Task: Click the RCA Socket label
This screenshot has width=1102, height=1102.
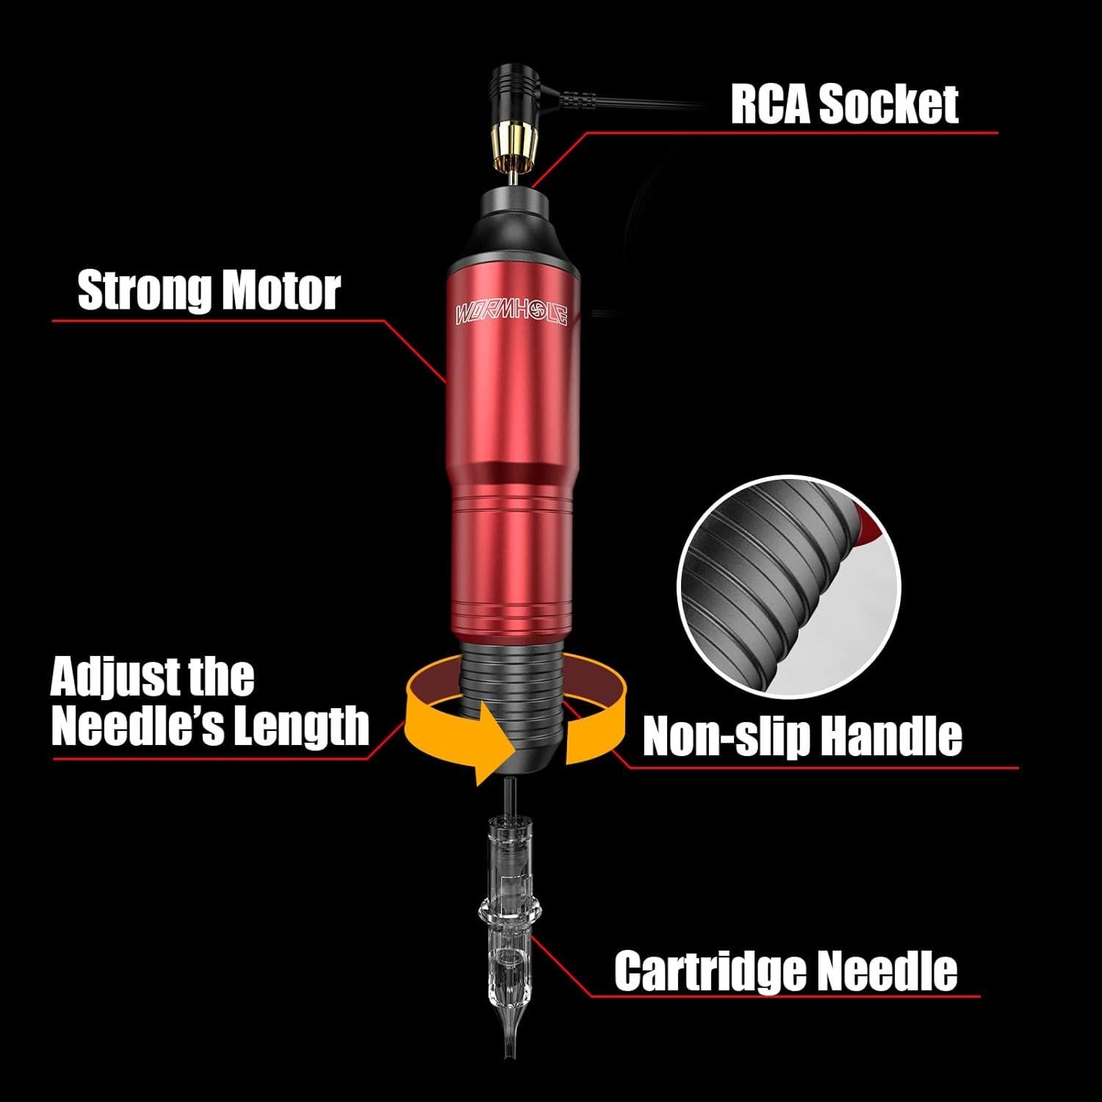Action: (843, 104)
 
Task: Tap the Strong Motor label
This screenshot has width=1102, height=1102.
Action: (209, 291)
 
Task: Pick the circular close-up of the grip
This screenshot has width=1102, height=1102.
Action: (788, 586)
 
